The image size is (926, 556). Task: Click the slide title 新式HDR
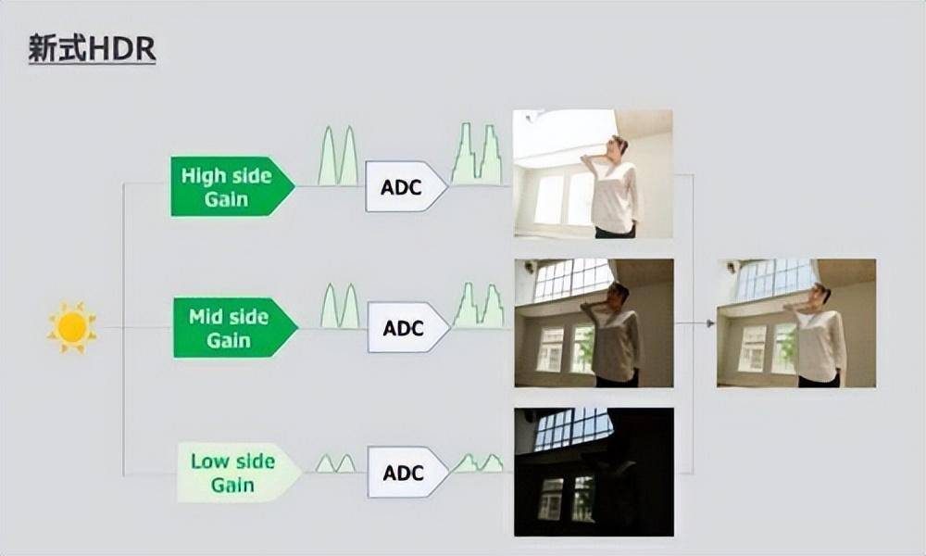pos(92,48)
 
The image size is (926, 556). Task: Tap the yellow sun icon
pos(72,327)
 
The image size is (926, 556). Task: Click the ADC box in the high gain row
pos(406,186)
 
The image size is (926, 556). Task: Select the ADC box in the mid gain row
pos(407,327)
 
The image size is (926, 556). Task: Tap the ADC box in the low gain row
pos(407,472)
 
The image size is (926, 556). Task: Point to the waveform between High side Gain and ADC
pos(338,156)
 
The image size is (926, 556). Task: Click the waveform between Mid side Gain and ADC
pos(340,306)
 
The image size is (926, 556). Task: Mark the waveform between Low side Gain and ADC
pos(335,463)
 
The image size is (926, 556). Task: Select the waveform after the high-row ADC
pos(477,154)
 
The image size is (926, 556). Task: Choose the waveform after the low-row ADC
pos(478,462)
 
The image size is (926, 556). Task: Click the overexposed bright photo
pos(593,173)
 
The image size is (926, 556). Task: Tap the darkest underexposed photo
pos(594,472)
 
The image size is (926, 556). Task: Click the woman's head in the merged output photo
pos(820,294)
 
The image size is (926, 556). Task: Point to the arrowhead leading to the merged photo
pos(710,323)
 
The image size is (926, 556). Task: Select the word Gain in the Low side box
pos(232,485)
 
